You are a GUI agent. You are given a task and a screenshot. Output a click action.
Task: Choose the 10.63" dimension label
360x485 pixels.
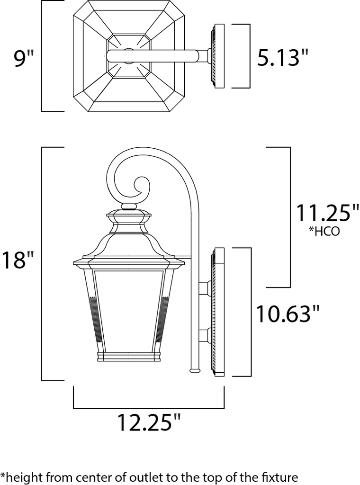point(287,314)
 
